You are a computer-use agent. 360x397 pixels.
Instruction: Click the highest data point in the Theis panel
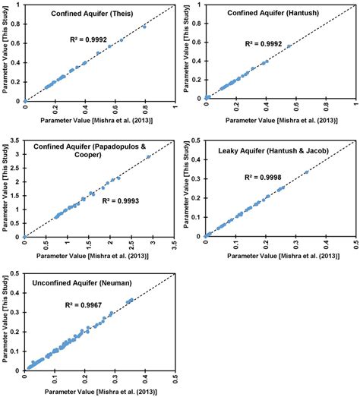pos(144,27)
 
